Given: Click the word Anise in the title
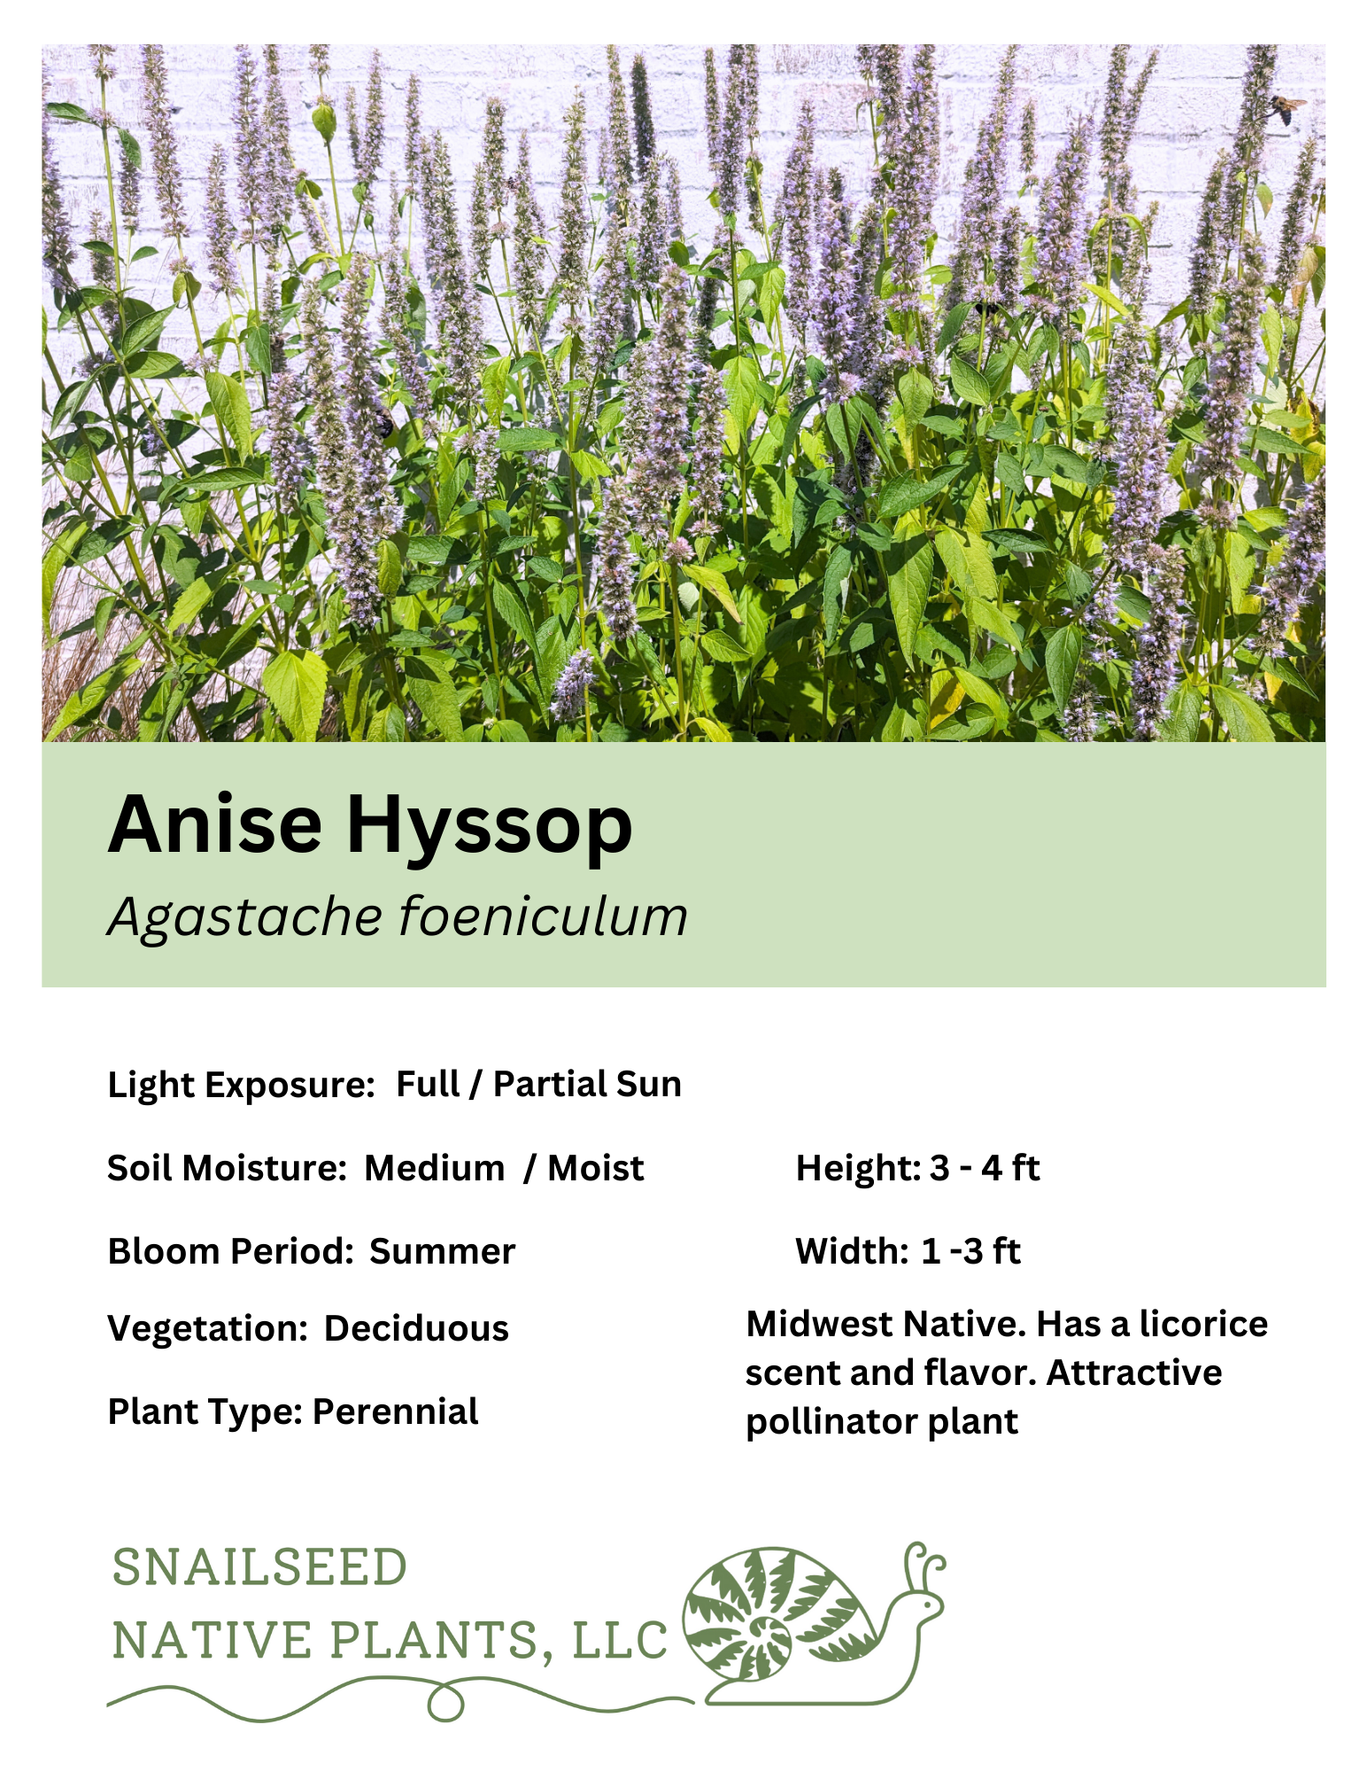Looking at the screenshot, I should [214, 824].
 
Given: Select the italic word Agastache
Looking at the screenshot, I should [244, 917].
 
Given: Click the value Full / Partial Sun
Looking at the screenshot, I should [538, 1085].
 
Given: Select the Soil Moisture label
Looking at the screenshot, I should [226, 1169].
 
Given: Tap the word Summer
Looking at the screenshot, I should [442, 1252].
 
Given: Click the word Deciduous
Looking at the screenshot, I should [416, 1329].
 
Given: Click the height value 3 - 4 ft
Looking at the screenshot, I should [985, 1169].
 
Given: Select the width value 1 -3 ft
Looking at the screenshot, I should [970, 1252].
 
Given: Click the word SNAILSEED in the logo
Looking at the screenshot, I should [259, 1568].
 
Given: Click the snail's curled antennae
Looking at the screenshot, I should [924, 1563].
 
